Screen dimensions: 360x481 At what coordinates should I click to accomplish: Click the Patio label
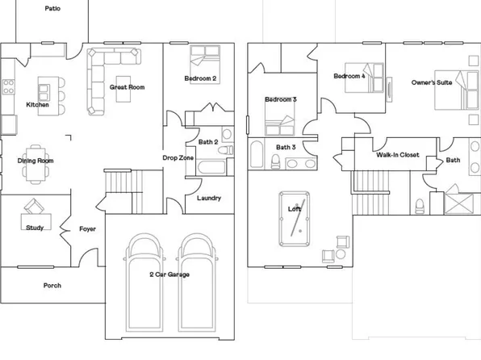pos(52,7)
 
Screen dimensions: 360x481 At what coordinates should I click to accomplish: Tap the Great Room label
pos(127,86)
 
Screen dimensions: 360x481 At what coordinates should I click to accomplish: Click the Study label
pos(35,228)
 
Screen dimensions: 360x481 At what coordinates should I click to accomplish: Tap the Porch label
pos(52,285)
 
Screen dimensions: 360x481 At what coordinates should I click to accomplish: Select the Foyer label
pos(88,228)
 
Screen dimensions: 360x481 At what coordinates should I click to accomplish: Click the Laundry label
pos(209,199)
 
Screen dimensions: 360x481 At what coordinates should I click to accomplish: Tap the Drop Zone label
pos(177,157)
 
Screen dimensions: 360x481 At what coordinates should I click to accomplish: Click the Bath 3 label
pos(286,147)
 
